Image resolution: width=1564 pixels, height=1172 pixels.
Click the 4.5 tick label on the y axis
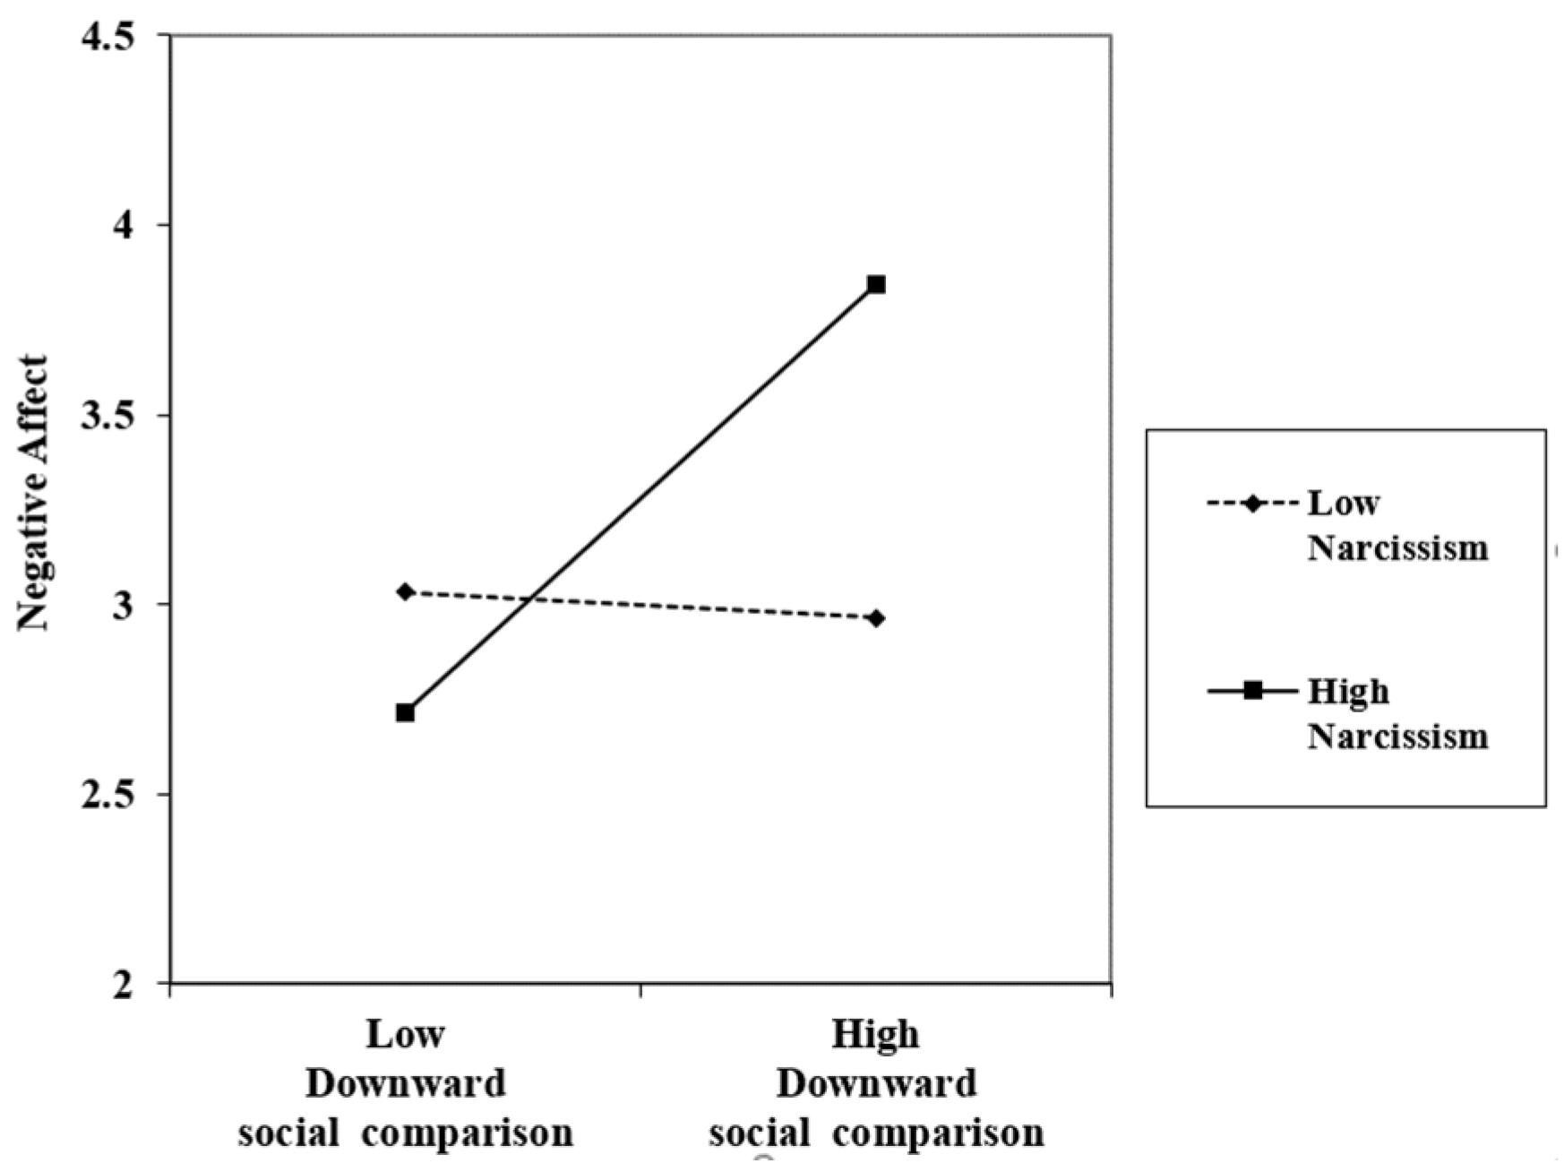click(107, 37)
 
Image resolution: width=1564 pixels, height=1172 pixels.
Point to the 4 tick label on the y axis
click(125, 225)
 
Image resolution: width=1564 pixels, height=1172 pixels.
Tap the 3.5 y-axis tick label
click(107, 416)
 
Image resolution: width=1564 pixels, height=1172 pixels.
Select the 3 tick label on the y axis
click(125, 605)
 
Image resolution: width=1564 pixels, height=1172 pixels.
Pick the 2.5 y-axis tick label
click(107, 795)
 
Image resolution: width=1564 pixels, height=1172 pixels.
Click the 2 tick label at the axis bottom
click(125, 984)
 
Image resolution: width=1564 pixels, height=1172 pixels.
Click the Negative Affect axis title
click(33, 493)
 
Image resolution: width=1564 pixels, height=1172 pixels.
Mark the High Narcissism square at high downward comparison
click(876, 285)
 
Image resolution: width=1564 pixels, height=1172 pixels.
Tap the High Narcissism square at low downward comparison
click(405, 713)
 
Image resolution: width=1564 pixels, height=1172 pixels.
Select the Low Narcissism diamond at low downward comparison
click(405, 591)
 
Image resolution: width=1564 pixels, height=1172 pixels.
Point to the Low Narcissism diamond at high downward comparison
click(876, 618)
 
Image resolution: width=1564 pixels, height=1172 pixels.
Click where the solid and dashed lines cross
click(533, 598)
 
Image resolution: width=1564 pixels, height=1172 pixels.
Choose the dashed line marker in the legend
click(1252, 504)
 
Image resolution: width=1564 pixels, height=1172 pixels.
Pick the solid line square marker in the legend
click(1252, 691)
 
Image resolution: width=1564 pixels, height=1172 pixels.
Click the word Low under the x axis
click(405, 1035)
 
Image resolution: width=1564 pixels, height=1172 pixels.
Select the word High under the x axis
click(875, 1035)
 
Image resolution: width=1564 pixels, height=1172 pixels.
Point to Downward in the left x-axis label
click(405, 1084)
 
